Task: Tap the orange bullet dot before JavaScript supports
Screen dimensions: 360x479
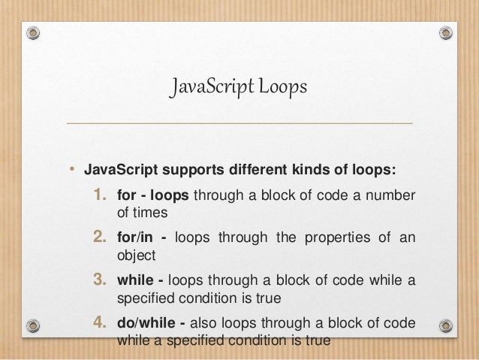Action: (73, 168)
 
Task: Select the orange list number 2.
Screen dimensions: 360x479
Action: (100, 239)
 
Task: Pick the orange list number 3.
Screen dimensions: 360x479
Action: (100, 281)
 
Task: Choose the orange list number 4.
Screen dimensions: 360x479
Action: (100, 324)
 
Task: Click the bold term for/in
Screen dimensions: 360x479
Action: (135, 240)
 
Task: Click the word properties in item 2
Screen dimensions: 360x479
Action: (336, 240)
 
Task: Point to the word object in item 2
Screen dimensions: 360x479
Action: (136, 255)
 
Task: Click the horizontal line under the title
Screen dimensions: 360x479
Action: (239, 123)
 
